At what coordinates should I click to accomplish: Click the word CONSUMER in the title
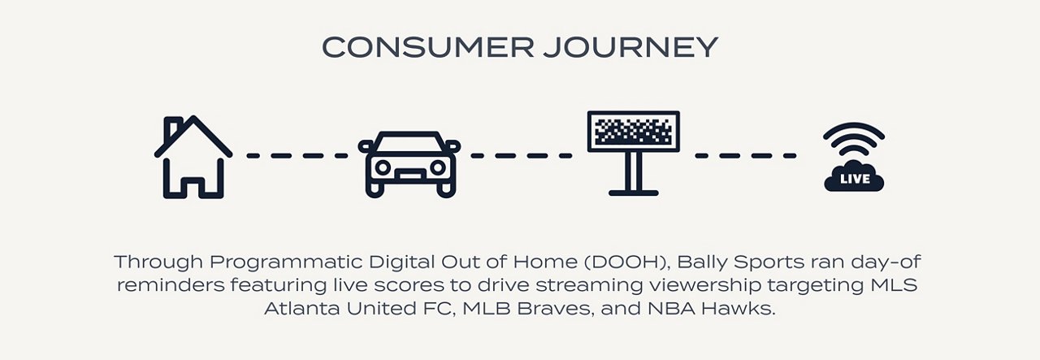(428, 47)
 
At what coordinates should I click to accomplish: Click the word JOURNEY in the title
(631, 47)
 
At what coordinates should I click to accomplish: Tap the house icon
(193, 157)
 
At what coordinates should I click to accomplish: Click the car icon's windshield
(409, 143)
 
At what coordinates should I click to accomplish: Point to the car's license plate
(409, 176)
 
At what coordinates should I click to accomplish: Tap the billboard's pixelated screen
(633, 132)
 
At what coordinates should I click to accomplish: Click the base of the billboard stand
(633, 193)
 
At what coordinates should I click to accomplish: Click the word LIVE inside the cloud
(855, 179)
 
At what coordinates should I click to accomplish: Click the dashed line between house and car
(297, 156)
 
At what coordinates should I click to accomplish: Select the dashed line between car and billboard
(522, 156)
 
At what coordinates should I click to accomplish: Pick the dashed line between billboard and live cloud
(746, 156)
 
